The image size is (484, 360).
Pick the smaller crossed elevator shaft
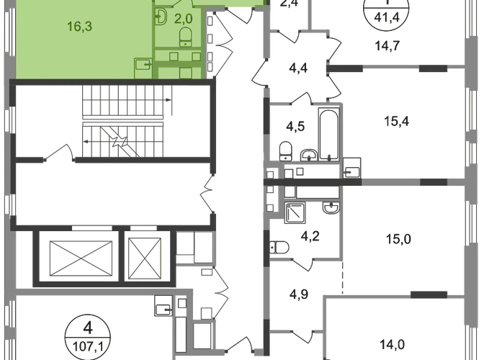pyautogui.click(x=145, y=256)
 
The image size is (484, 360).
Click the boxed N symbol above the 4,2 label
pyautogui.click(x=295, y=212)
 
